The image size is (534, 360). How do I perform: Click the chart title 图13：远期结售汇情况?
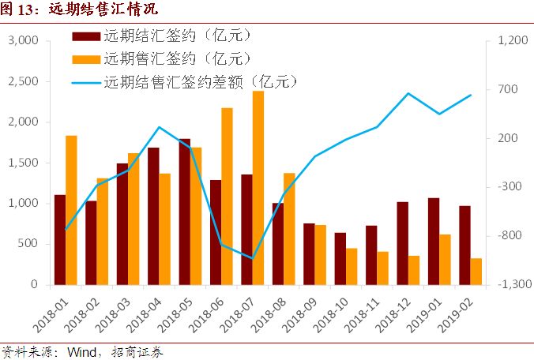80,10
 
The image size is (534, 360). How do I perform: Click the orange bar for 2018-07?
258,188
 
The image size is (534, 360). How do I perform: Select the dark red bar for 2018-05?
184,212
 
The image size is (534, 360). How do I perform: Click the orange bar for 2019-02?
476,271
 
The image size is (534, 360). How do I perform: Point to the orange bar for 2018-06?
227,196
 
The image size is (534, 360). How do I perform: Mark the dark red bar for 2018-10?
340,258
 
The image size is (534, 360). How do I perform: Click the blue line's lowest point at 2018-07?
252,258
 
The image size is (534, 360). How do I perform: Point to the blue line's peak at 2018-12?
408,93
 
